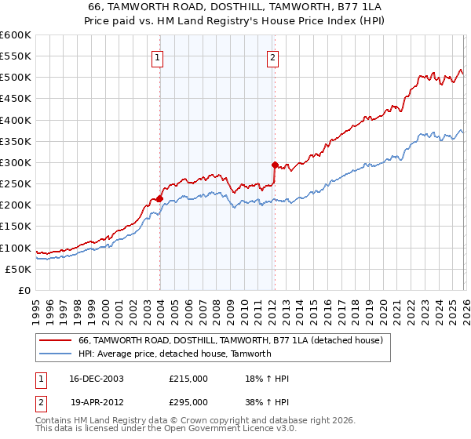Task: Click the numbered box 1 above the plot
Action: tap(159, 57)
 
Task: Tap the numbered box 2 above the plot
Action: tap(272, 57)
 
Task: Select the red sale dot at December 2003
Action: tap(159, 199)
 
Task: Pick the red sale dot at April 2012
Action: tap(275, 165)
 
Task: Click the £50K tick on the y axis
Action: tap(18, 269)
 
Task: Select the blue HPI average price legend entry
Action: tap(174, 354)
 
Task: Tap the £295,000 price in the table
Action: tap(188, 401)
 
